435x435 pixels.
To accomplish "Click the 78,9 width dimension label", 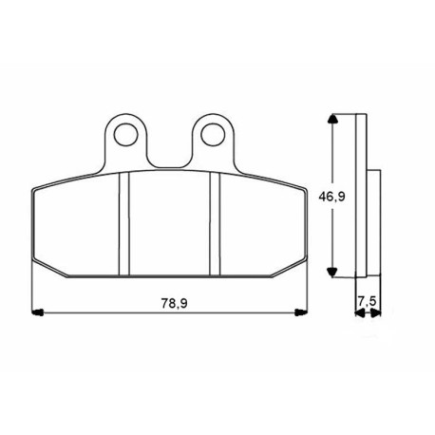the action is coord(175,303).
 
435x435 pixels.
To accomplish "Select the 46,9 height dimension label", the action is coord(331,197).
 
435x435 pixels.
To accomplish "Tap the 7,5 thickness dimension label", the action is coord(368,301).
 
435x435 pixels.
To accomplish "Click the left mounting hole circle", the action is coord(126,135).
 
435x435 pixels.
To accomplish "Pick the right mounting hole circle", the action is coord(213,135).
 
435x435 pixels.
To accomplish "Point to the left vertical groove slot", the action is coord(124,224).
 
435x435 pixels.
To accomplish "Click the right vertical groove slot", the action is coord(215,224).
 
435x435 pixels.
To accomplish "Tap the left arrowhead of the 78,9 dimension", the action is coord(37,312).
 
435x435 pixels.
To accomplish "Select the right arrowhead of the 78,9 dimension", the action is coord(301,312).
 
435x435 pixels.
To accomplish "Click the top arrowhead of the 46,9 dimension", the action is coord(331,120).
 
